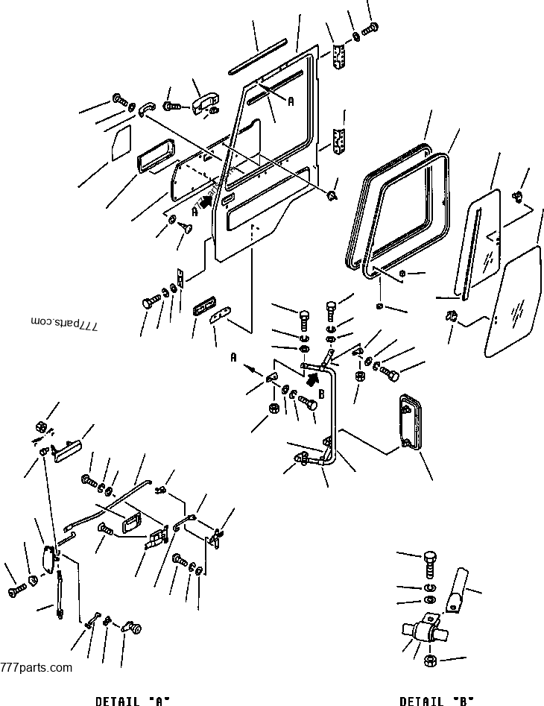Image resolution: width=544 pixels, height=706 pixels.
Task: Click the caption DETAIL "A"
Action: tap(133, 700)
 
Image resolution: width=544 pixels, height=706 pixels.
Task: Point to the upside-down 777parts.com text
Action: tap(65, 321)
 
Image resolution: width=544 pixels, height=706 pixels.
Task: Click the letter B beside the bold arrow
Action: tap(321, 394)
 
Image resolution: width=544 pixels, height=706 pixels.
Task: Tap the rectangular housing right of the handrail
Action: tap(409, 423)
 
